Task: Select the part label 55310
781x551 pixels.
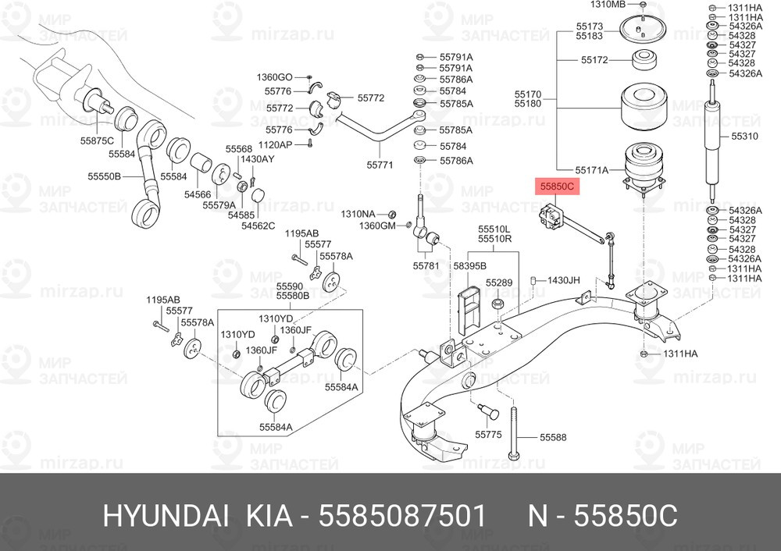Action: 744,136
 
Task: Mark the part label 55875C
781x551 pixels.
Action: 97,140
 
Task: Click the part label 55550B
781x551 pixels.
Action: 103,177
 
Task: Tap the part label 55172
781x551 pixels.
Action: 594,59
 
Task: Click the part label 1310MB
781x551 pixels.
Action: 610,5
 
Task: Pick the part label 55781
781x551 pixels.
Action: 426,266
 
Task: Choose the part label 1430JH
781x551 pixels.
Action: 563,279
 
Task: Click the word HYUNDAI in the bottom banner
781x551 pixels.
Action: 166,515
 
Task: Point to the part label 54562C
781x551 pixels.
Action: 258,226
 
